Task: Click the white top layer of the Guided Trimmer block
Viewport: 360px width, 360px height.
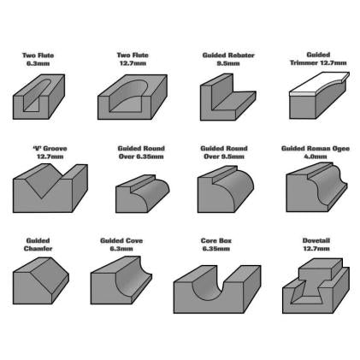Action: point(319,84)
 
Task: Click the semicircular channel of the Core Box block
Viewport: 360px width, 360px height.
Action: point(207,289)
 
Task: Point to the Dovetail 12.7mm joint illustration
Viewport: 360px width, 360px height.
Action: point(316,286)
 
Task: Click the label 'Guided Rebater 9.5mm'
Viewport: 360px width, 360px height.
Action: point(228,59)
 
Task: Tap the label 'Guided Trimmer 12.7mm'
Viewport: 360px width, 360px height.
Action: point(318,59)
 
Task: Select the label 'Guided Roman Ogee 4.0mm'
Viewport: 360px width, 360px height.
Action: point(316,152)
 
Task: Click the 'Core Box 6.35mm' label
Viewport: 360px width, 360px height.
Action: point(216,245)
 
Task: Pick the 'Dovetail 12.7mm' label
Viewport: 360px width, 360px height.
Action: point(316,245)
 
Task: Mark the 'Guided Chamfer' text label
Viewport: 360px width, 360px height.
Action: point(38,245)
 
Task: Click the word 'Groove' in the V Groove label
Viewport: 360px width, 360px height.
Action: point(56,149)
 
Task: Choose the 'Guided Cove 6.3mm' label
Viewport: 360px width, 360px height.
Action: point(121,245)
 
